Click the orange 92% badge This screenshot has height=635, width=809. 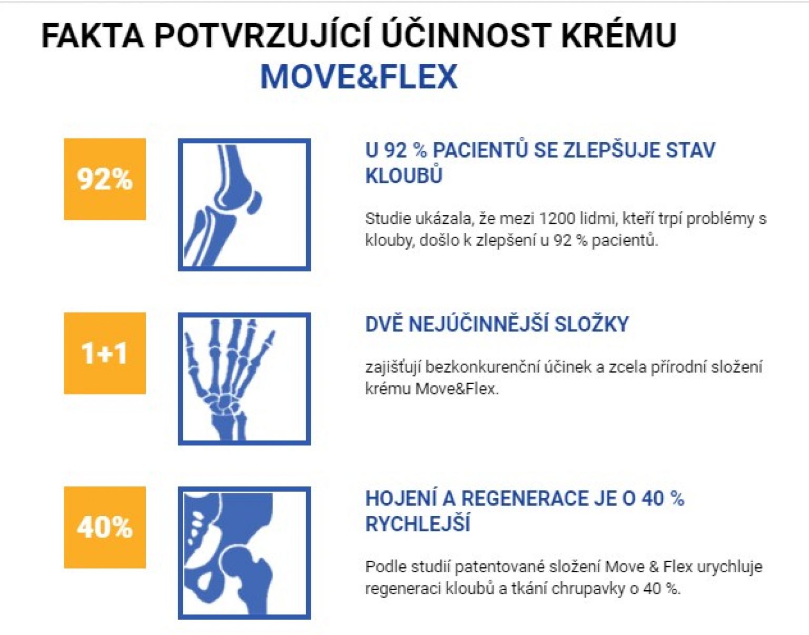point(105,179)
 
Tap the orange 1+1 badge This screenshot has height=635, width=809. point(105,353)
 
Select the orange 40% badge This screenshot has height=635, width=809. point(105,527)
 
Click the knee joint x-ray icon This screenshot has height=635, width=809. point(244,205)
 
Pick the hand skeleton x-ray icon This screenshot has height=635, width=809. point(244,379)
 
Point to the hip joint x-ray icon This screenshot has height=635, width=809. point(244,553)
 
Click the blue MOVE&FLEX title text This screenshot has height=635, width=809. point(359,76)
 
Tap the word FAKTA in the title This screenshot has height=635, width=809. point(92,36)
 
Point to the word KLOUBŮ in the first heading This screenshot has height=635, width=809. point(403,176)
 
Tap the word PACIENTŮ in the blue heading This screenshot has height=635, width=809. point(480,150)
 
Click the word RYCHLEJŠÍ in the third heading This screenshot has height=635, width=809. point(418,524)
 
